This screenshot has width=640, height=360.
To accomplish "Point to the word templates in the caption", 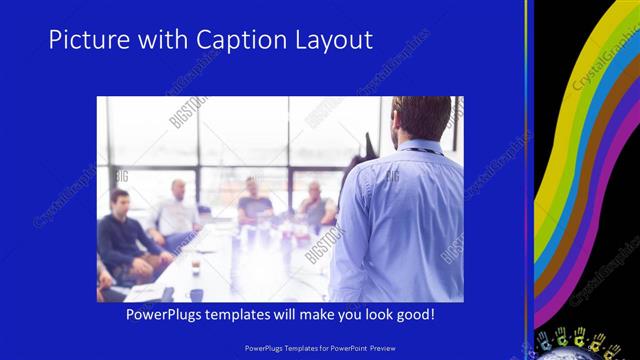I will (256, 315).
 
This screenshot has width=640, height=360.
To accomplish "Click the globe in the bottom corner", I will (554, 353).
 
